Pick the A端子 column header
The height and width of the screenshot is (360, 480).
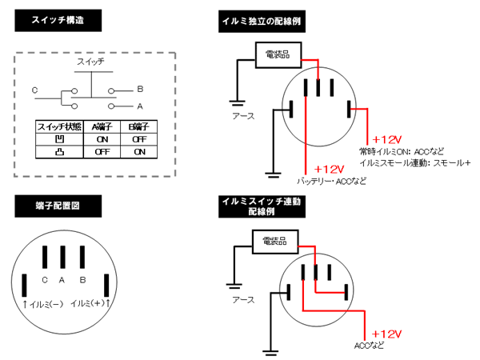101,126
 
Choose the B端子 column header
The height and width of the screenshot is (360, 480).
139,126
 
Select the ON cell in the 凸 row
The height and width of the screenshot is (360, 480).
139,151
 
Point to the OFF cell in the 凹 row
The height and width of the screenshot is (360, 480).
139,138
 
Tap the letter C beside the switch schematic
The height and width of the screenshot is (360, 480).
34,90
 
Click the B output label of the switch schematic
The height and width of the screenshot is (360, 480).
140,89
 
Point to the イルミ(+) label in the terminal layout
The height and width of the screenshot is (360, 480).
90,303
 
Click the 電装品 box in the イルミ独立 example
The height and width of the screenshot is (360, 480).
278,54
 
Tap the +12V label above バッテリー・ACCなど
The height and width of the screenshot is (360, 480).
329,170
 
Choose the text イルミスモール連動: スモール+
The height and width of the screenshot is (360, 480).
415,162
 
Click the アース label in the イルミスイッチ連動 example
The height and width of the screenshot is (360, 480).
242,300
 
